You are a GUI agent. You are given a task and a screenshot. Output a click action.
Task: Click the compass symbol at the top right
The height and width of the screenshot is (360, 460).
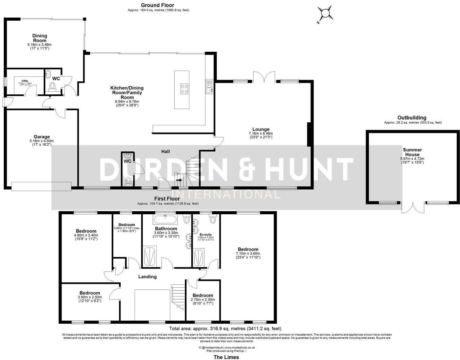pyautogui.click(x=325, y=13)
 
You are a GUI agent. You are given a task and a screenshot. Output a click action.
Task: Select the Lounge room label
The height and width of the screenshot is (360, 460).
pyautogui.click(x=261, y=129)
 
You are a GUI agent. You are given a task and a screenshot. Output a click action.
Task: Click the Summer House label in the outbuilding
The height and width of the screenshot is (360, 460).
pyautogui.click(x=412, y=152)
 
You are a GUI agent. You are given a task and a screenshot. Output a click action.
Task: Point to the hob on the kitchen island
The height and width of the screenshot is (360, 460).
pyautogui.click(x=185, y=89)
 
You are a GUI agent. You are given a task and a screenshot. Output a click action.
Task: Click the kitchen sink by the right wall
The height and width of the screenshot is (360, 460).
pyautogui.click(x=209, y=89)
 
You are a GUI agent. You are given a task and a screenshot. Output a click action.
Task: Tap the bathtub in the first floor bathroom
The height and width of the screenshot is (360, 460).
pyautogui.click(x=165, y=220)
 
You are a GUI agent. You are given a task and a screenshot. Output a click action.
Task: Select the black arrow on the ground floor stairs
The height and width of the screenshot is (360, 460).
pyautogui.click(x=179, y=180)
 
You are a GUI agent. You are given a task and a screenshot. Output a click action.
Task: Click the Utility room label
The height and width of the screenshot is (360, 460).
pyautogui.click(x=25, y=81)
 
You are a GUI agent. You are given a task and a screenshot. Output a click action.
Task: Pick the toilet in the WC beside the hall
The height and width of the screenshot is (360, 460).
pyautogui.click(x=128, y=182)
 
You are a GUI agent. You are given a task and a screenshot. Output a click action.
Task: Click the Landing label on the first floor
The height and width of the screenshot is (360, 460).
pyautogui.click(x=147, y=277)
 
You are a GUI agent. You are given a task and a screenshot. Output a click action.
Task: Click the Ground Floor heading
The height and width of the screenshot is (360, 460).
pyautogui.click(x=157, y=5)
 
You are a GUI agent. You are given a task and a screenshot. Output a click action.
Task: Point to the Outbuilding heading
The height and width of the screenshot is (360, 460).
pyautogui.click(x=412, y=118)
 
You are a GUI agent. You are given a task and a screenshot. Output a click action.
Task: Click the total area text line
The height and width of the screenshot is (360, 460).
pyautogui.click(x=225, y=328)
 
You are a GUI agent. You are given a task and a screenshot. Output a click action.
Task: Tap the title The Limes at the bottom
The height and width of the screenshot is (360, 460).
pyautogui.click(x=226, y=357)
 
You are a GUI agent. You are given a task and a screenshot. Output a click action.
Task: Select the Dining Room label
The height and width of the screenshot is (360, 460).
pyautogui.click(x=40, y=38)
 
